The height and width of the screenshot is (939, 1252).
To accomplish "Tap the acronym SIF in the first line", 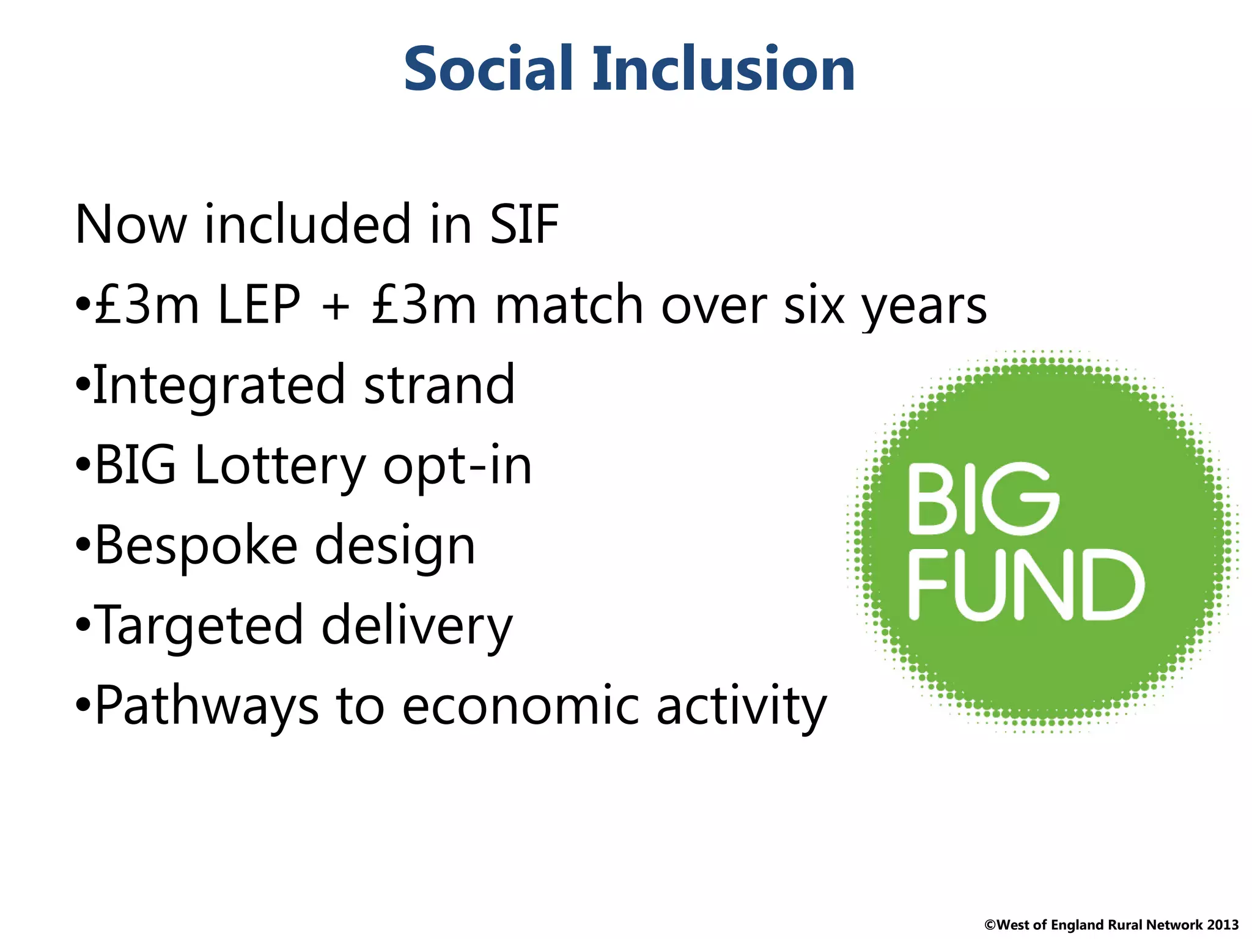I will (524, 225).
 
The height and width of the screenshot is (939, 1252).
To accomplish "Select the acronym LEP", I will (259, 305).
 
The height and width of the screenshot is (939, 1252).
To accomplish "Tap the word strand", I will (439, 385).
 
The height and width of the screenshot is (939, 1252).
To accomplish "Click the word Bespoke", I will (196, 546).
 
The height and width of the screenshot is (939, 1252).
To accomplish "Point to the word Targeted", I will (199, 627).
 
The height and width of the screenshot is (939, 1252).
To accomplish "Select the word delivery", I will (417, 627).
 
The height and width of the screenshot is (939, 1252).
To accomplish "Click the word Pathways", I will (207, 707).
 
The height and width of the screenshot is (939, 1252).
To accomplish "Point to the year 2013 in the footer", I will (1223, 925).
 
